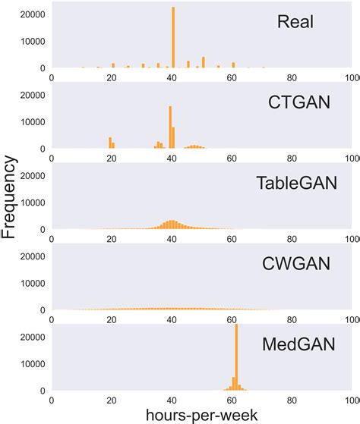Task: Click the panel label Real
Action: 296,23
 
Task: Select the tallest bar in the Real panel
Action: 173,38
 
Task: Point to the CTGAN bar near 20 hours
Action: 110,143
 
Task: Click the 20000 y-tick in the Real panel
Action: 30,14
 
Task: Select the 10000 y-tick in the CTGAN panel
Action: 30,121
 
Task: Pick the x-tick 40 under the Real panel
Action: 172,76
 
